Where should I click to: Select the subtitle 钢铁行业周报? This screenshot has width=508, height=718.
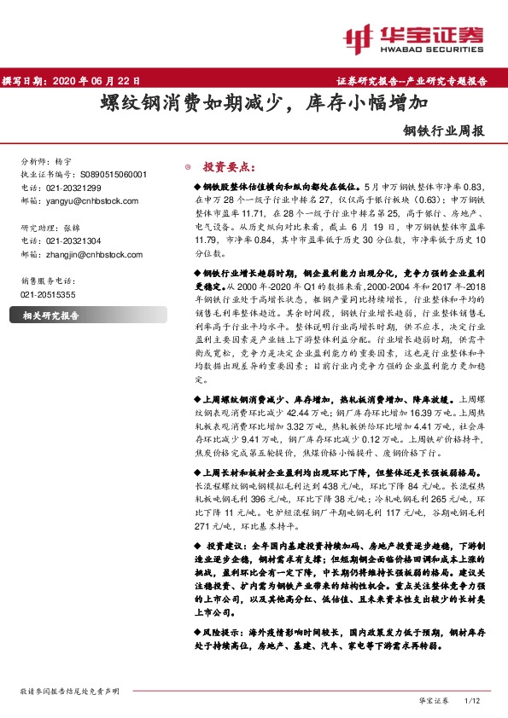pyautogui.click(x=444, y=132)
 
